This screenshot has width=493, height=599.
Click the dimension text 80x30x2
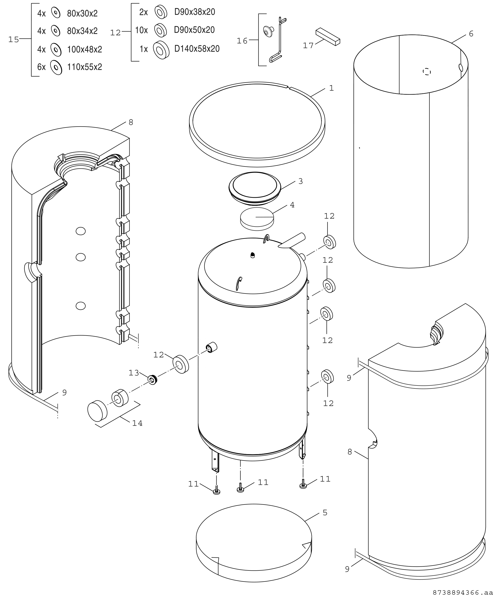(x=82, y=13)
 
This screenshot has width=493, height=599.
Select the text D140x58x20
(x=197, y=49)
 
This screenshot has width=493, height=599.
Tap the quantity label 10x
(x=141, y=30)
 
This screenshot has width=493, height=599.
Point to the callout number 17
(x=308, y=45)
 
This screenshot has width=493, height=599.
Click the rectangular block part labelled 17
(x=328, y=37)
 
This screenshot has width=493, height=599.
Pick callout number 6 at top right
(x=471, y=34)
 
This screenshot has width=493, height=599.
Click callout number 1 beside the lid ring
(x=332, y=88)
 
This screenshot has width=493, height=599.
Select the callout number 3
(x=301, y=181)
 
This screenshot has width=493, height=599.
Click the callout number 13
(x=134, y=373)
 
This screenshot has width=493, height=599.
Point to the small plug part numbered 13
(x=153, y=380)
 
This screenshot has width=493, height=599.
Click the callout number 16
(x=242, y=41)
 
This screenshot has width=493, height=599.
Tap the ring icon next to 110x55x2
(x=56, y=67)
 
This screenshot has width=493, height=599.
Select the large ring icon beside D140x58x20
(x=161, y=49)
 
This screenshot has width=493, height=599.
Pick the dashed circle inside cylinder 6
(x=427, y=72)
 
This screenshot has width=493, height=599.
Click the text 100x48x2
(x=84, y=49)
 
